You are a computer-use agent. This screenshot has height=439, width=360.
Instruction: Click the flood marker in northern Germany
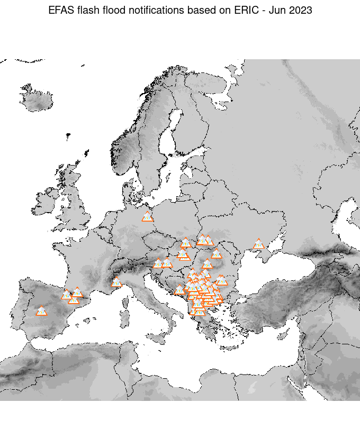(x=148, y=217)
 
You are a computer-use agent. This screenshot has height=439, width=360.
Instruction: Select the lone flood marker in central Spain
(x=41, y=312)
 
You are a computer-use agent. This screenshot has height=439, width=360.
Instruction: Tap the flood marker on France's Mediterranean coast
(x=116, y=282)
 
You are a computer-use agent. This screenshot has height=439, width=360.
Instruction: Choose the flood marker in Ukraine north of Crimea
(x=258, y=244)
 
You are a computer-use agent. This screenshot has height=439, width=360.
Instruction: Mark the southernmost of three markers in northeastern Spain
(x=74, y=300)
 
